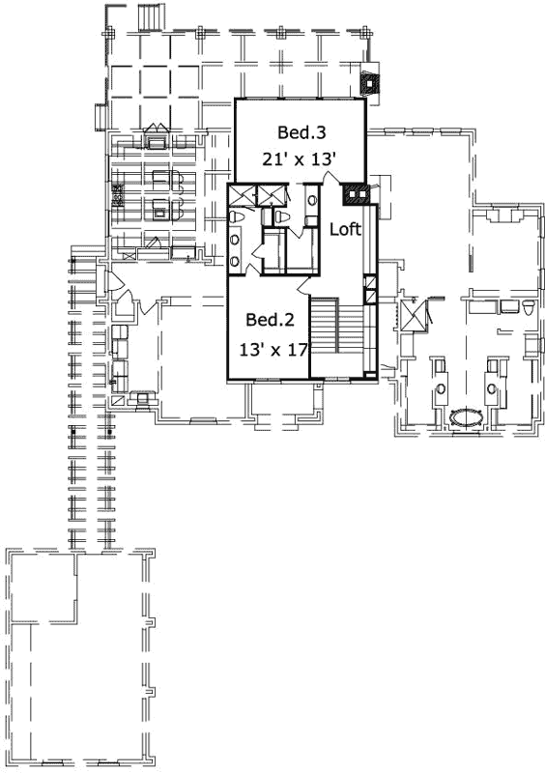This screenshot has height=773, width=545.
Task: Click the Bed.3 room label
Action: pos(300,131)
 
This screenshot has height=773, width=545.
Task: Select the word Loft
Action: pos(345,230)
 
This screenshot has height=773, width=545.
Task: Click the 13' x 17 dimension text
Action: pos(273,349)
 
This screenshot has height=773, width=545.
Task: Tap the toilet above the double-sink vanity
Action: pos(280,217)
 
